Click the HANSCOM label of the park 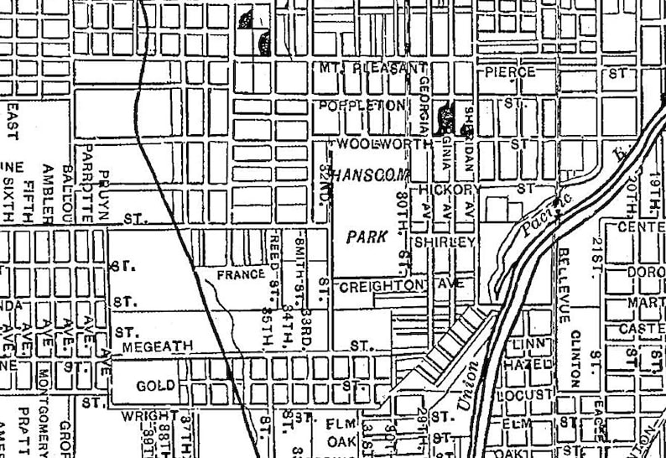367,176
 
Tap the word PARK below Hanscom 367,237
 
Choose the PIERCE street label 510,72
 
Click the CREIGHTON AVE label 401,286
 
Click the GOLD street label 156,386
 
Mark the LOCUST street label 529,394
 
